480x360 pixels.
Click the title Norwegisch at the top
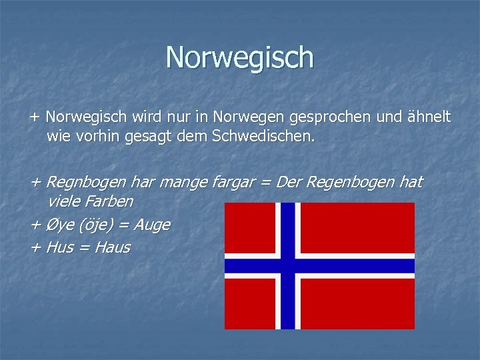pos(239,57)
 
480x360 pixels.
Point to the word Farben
pos(108,201)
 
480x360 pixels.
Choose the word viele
pos(64,201)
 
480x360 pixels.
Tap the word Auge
pos(152,225)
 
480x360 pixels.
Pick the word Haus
pos(113,248)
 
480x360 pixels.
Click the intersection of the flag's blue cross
pos(288,266)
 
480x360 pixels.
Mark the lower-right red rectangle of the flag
pos(358,303)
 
